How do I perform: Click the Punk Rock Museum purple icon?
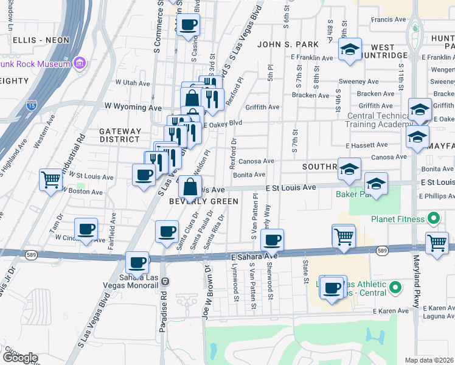click(x=80, y=63)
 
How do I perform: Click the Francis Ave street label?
click(x=389, y=19)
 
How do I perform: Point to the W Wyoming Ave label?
click(x=133, y=106)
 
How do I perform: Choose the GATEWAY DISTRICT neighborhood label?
click(x=120, y=135)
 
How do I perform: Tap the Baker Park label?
click(x=353, y=195)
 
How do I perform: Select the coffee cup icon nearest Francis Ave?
click(x=189, y=26)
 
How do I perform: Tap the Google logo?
click(x=20, y=358)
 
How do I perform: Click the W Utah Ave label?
click(x=132, y=83)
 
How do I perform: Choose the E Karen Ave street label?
click(x=433, y=308)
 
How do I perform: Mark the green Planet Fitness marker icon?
click(x=433, y=218)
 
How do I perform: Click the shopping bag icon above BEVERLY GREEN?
click(x=190, y=187)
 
